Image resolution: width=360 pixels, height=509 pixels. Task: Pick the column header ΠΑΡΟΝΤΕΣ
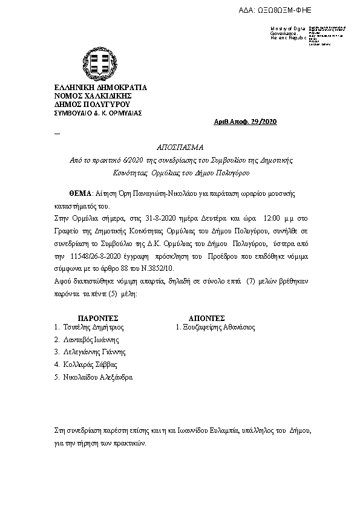pos(98,317)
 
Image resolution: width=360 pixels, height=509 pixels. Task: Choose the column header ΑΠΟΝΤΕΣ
pos(207,317)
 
